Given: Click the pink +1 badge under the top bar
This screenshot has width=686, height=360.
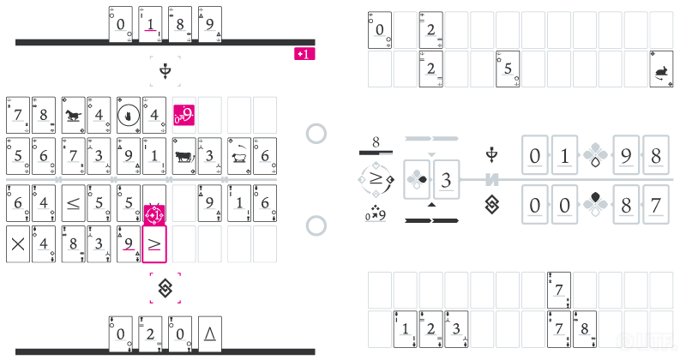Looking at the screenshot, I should [304, 54].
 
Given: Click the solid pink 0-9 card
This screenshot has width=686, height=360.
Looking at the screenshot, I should [184, 113].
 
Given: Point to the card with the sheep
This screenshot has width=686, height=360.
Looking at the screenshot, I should [238, 155].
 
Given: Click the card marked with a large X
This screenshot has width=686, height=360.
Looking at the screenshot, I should [17, 243].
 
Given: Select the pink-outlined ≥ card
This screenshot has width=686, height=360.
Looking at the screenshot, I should [154, 243].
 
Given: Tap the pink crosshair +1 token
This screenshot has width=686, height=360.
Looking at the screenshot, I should [155, 212].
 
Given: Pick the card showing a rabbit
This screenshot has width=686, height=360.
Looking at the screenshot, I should [661, 69].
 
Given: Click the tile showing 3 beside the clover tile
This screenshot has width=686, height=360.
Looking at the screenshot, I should [446, 180].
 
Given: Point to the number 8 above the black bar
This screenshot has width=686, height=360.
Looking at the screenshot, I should [376, 141].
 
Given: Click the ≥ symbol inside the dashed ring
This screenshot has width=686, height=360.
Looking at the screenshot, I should [375, 180].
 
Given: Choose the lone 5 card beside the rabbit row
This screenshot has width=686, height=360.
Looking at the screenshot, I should [508, 69].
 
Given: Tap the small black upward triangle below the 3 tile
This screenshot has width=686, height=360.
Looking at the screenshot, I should [431, 206].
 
